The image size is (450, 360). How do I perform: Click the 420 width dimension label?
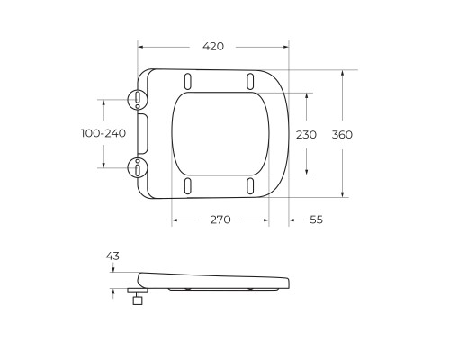point(212,46)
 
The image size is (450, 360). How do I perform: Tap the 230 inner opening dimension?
point(307,133)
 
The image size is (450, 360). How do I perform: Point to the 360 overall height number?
point(343,133)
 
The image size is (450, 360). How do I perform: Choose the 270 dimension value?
point(221,220)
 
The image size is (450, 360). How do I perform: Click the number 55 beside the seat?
point(317,220)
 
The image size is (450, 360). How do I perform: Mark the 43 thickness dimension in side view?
point(112,256)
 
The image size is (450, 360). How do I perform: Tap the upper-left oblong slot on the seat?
point(187,79)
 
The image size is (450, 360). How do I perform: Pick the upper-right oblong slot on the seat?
point(248,79)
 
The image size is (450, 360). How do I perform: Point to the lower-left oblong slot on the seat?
point(187,185)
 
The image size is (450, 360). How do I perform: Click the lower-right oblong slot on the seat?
point(248,185)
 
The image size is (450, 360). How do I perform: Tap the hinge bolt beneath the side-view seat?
point(139,298)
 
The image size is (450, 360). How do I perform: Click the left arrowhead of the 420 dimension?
point(141,46)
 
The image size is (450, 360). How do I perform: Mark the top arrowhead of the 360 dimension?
point(343,73)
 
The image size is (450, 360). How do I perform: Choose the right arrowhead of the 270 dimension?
point(268,220)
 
